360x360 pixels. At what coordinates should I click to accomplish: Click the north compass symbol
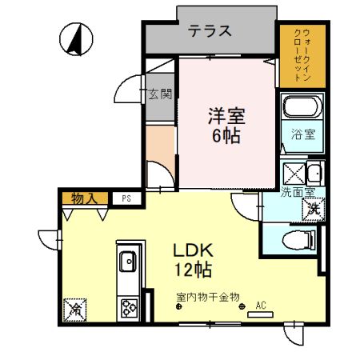point(76,38)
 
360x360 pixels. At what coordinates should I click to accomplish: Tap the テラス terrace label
point(210,31)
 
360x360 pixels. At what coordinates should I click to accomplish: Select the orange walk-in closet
point(302,54)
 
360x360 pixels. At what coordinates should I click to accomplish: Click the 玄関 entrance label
point(160,94)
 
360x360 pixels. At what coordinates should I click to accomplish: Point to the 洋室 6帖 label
point(225,124)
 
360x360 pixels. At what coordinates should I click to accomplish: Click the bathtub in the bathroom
point(301,109)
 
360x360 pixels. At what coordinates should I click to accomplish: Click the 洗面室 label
point(297,192)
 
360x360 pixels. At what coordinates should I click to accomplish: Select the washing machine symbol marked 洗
point(314,207)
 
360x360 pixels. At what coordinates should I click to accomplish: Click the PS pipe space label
point(126,198)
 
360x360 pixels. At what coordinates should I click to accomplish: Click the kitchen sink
point(128,262)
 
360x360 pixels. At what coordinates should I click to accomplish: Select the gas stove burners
point(128,306)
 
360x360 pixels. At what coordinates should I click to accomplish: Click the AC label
point(260,305)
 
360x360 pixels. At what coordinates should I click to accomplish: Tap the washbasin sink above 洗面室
point(314,172)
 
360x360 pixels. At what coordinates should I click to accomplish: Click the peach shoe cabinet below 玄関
point(160,142)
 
